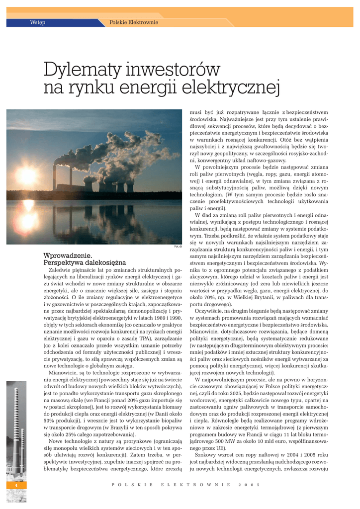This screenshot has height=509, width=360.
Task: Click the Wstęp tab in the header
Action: tap(38, 22)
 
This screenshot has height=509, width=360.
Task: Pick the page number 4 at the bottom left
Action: tap(16, 485)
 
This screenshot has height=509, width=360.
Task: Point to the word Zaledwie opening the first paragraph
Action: tap(61, 270)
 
